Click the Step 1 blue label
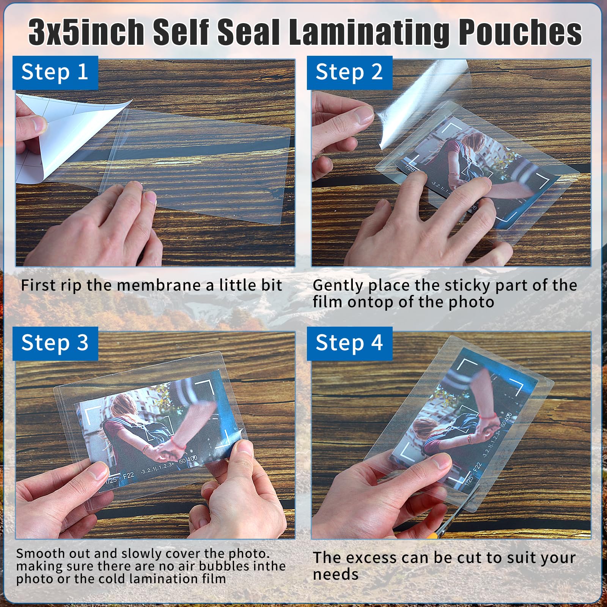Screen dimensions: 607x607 click(55, 72)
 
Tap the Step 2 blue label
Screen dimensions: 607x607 click(349, 72)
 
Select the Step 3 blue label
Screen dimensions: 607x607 click(55, 343)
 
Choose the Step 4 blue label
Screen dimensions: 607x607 click(349, 343)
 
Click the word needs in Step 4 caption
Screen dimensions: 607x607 click(335, 574)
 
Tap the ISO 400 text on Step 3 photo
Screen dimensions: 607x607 click(188, 459)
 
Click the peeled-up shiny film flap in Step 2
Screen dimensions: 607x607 click(421, 102)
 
